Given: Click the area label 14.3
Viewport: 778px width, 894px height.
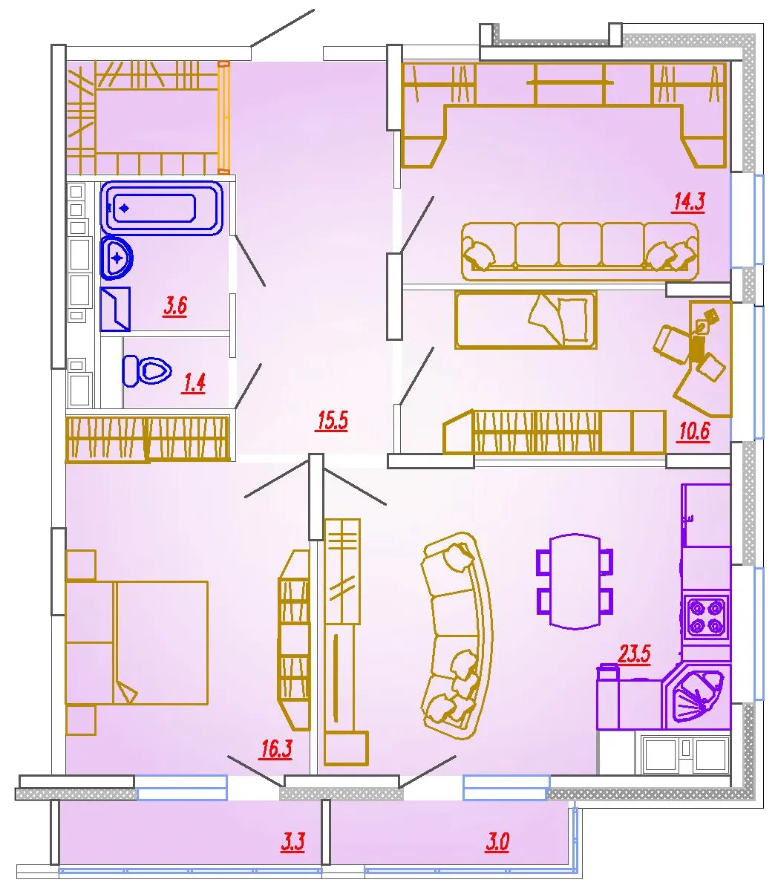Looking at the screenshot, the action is pyautogui.click(x=688, y=203).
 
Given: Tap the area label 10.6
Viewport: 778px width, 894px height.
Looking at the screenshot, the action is pyautogui.click(x=693, y=431).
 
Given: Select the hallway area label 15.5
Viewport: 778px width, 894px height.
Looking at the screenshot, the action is pyautogui.click(x=333, y=421).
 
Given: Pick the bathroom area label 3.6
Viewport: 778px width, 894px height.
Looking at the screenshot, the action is pyautogui.click(x=175, y=306).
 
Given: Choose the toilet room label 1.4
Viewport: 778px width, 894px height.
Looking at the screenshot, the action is pyautogui.click(x=194, y=383).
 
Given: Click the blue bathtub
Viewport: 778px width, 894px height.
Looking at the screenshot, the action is pyautogui.click(x=162, y=209).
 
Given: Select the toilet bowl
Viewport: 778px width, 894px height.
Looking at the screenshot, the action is pyautogui.click(x=146, y=371).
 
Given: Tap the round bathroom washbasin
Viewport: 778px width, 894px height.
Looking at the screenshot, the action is pyautogui.click(x=117, y=258).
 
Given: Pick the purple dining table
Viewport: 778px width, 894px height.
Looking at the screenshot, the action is pyautogui.click(x=575, y=581).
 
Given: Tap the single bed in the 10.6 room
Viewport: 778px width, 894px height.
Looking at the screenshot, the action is pyautogui.click(x=526, y=320).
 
